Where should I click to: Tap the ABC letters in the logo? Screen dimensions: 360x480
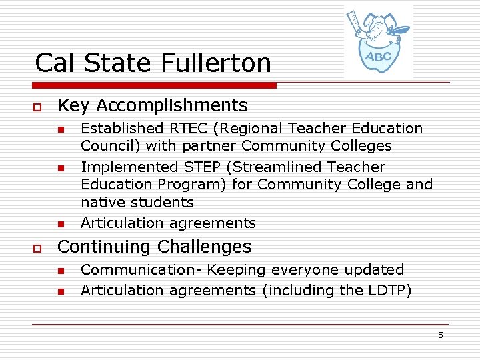coord(378,56)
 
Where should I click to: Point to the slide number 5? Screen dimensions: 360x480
coord(440,335)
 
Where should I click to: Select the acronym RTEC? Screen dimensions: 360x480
coord(189,128)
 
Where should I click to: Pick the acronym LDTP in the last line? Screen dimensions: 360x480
coord(387,291)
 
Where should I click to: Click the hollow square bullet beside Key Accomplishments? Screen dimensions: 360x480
coord(39,107)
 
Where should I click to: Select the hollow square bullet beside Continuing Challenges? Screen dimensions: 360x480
coord(39,248)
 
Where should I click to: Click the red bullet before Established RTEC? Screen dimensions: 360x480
coord(59,129)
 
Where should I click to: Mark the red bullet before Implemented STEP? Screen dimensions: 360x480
coord(59,167)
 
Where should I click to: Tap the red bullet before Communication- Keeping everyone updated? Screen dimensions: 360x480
coord(59,271)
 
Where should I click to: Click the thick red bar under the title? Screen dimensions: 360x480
coord(155,85)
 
